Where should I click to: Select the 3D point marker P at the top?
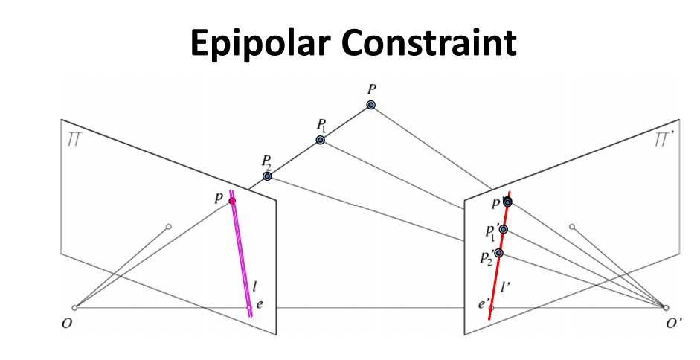click(x=370, y=105)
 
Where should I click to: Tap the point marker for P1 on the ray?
click(x=321, y=140)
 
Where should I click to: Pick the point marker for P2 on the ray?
click(x=267, y=176)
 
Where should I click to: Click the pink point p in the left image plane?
click(x=232, y=201)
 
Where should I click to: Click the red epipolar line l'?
click(x=496, y=275)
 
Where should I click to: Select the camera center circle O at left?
click(x=74, y=307)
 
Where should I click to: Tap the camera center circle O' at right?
click(x=666, y=307)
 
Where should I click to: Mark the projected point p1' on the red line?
click(x=504, y=229)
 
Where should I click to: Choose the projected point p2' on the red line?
click(x=498, y=253)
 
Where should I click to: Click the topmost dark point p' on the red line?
click(x=507, y=202)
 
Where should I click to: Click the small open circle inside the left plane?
click(x=169, y=226)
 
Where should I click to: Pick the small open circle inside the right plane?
click(x=571, y=226)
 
